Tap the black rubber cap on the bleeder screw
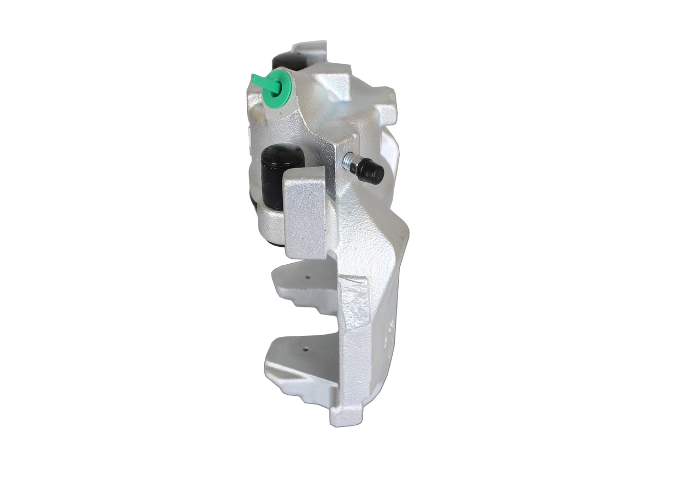[x=373, y=173]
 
